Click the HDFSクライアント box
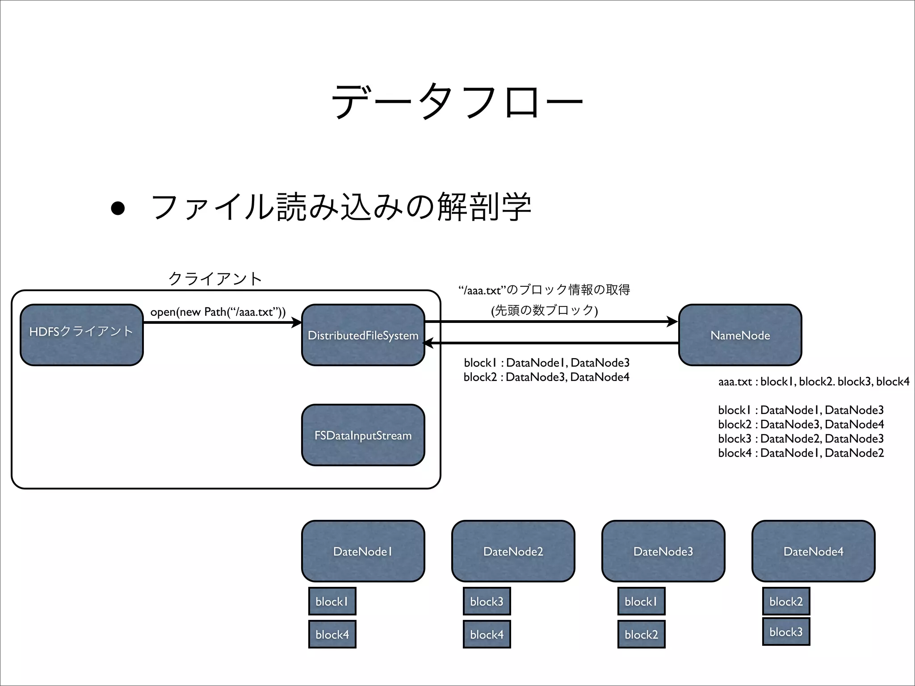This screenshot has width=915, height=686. coord(81,335)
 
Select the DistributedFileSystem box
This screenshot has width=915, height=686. coord(363,335)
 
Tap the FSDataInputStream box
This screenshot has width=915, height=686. coord(363,435)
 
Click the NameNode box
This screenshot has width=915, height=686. coord(740,335)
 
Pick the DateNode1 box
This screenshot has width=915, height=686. coord(363,551)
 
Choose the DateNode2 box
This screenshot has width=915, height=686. coord(513,551)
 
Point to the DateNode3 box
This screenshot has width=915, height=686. coord(663,551)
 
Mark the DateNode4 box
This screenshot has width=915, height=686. coord(813,551)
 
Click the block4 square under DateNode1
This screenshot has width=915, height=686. coord(332,634)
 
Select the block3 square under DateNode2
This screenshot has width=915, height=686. coord(487,601)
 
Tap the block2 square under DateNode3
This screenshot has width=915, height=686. coord(641,634)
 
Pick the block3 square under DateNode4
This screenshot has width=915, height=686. coord(786,632)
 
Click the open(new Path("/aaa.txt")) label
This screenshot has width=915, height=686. coord(218,312)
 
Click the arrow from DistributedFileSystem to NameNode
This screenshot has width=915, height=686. coord(550,322)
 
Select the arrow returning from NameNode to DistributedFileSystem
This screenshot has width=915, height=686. coord(550,343)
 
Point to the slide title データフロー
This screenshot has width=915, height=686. coord(457,101)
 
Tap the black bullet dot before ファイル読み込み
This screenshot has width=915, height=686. coord(118,208)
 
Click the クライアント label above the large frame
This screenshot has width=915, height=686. coord(215,279)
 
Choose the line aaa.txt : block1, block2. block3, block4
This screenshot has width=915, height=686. coord(814,381)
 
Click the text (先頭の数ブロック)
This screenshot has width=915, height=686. coord(544,310)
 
